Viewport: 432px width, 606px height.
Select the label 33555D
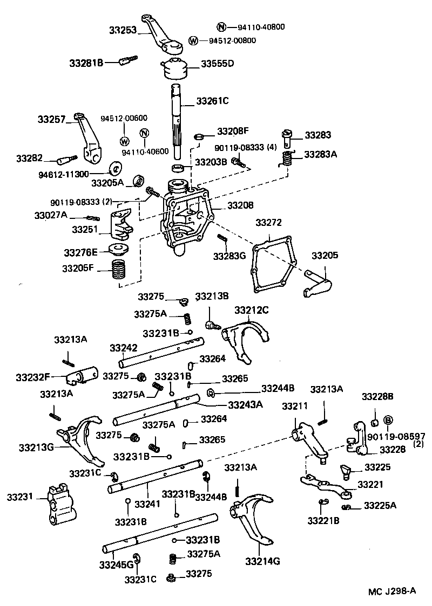218,64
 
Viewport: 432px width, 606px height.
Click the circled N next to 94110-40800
221,27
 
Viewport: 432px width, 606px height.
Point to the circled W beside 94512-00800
193,40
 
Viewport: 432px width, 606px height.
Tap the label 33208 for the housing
240,205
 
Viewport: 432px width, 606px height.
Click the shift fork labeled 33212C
247,337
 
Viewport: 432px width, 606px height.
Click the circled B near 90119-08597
387,421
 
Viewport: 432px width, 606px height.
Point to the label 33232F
33,377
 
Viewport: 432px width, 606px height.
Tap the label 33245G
116,564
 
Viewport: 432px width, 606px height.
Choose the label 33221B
323,520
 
